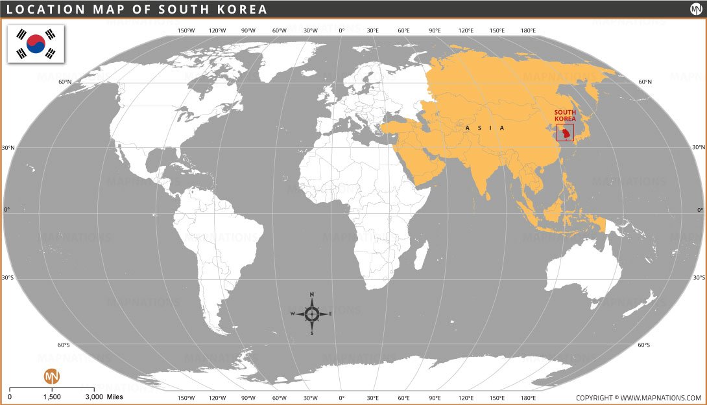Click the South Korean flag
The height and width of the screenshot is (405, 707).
[36, 44]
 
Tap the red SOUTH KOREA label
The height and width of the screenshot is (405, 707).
[564, 115]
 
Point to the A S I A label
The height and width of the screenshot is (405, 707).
[485, 128]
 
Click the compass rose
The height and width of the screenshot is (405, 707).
[312, 314]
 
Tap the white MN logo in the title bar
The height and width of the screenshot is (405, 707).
[695, 9]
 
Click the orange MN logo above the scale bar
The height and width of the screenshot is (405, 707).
[51, 376]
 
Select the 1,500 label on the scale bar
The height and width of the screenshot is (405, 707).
[52, 397]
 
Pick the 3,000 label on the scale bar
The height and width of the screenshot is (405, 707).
[94, 397]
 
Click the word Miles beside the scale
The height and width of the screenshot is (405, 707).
[115, 397]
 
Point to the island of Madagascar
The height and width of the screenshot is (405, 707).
[422, 254]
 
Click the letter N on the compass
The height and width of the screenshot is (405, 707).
[312, 294]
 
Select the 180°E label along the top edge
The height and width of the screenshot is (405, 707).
[528, 30]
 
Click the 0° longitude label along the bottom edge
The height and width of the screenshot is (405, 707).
[342, 397]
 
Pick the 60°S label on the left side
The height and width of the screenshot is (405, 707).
[63, 345]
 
